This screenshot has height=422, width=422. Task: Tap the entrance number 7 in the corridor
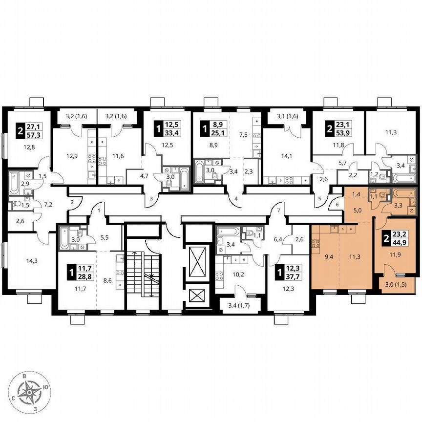click(x=278, y=210)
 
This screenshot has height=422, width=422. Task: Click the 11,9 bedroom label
click(x=391, y=254)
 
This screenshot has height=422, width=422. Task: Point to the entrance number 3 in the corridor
click(x=151, y=199)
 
